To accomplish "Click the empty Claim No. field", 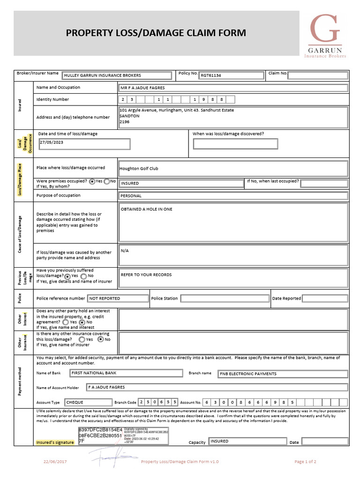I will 318,75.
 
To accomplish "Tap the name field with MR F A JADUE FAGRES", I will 233,88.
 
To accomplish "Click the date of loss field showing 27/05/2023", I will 84,143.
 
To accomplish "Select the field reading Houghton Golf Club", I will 233,168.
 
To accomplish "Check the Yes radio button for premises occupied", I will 92,181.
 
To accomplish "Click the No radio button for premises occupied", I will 107,181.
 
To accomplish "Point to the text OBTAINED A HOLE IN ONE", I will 147,209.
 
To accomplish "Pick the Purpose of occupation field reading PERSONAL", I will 233,196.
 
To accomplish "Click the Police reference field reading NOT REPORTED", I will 117,298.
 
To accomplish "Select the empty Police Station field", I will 225,298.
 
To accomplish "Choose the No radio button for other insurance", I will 100,339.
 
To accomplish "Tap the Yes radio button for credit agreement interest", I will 66,322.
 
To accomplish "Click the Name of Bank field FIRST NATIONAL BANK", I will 126,373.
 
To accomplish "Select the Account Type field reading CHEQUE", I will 88,402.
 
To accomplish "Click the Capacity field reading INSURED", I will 247,441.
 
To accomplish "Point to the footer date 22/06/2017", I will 55,462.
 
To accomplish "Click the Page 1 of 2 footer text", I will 305,462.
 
